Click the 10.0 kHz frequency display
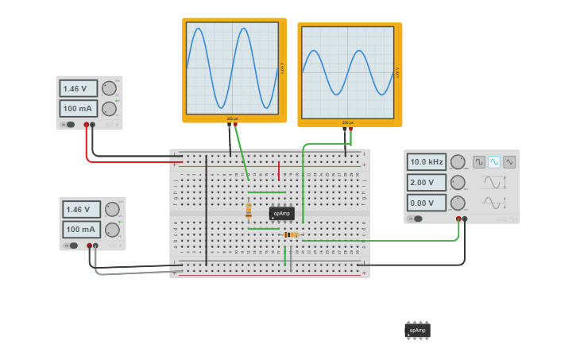(x=427, y=162)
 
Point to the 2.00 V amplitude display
(x=427, y=182)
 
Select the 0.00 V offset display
(x=427, y=203)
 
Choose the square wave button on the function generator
(x=479, y=162)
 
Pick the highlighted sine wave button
(x=494, y=162)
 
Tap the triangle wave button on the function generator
(x=509, y=162)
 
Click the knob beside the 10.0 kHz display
(x=458, y=162)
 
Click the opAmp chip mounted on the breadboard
(x=281, y=213)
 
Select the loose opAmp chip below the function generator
(x=417, y=330)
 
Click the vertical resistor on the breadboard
(x=249, y=211)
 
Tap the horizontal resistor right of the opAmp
(x=291, y=234)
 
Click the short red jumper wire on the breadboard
(x=279, y=170)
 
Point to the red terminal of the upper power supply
(x=87, y=125)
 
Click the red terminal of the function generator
(x=458, y=219)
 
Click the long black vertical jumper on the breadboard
(x=207, y=211)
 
